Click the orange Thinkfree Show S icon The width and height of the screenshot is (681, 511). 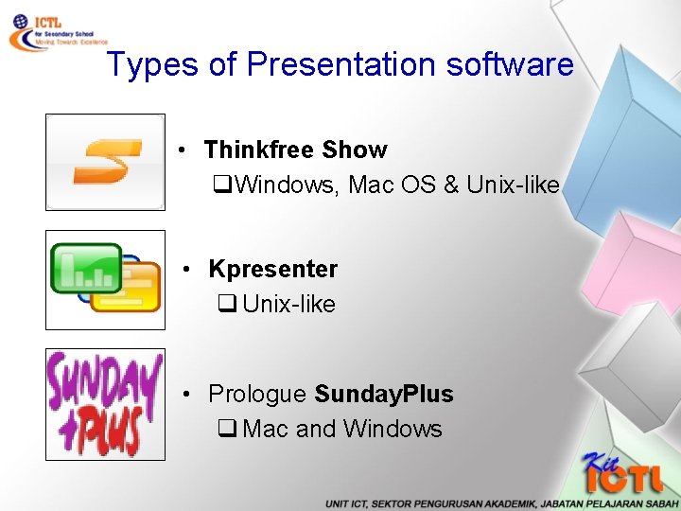(x=105, y=162)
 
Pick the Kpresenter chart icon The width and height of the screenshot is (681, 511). (x=105, y=280)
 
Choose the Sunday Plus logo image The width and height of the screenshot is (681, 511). (x=105, y=404)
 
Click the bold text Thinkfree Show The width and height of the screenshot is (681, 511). (x=295, y=150)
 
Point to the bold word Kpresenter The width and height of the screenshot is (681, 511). (x=272, y=269)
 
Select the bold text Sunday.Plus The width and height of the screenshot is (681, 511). (x=383, y=394)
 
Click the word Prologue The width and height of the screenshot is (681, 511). (x=257, y=394)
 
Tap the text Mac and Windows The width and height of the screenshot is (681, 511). (x=341, y=429)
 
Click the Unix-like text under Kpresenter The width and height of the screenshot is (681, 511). (x=288, y=304)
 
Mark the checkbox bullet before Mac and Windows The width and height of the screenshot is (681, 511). (x=226, y=430)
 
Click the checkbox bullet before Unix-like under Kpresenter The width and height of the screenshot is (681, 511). (x=226, y=305)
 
